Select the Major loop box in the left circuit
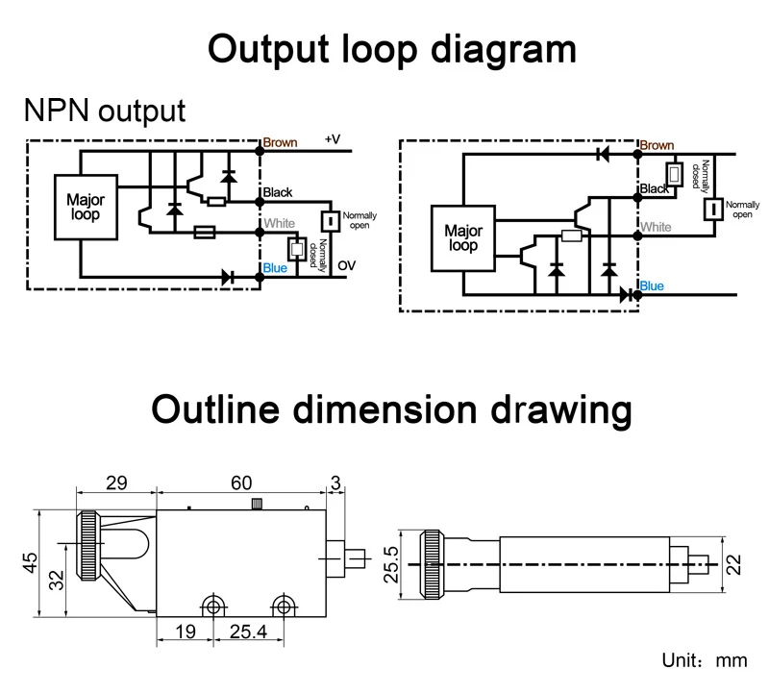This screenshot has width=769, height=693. point(86,208)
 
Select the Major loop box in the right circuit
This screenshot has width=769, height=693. point(462,238)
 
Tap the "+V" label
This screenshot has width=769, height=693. point(333,139)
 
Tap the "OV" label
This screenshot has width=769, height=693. point(345,266)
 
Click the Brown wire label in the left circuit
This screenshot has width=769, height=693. point(280,142)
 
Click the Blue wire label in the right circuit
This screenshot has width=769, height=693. point(651,285)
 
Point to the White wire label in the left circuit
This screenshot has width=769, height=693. point(279,224)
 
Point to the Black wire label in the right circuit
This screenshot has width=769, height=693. point(655,189)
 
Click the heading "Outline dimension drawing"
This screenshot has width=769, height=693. point(391,410)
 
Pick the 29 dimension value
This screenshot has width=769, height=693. point(116,483)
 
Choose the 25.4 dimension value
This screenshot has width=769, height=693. point(247,631)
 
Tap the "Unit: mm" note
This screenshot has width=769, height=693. point(705,661)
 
